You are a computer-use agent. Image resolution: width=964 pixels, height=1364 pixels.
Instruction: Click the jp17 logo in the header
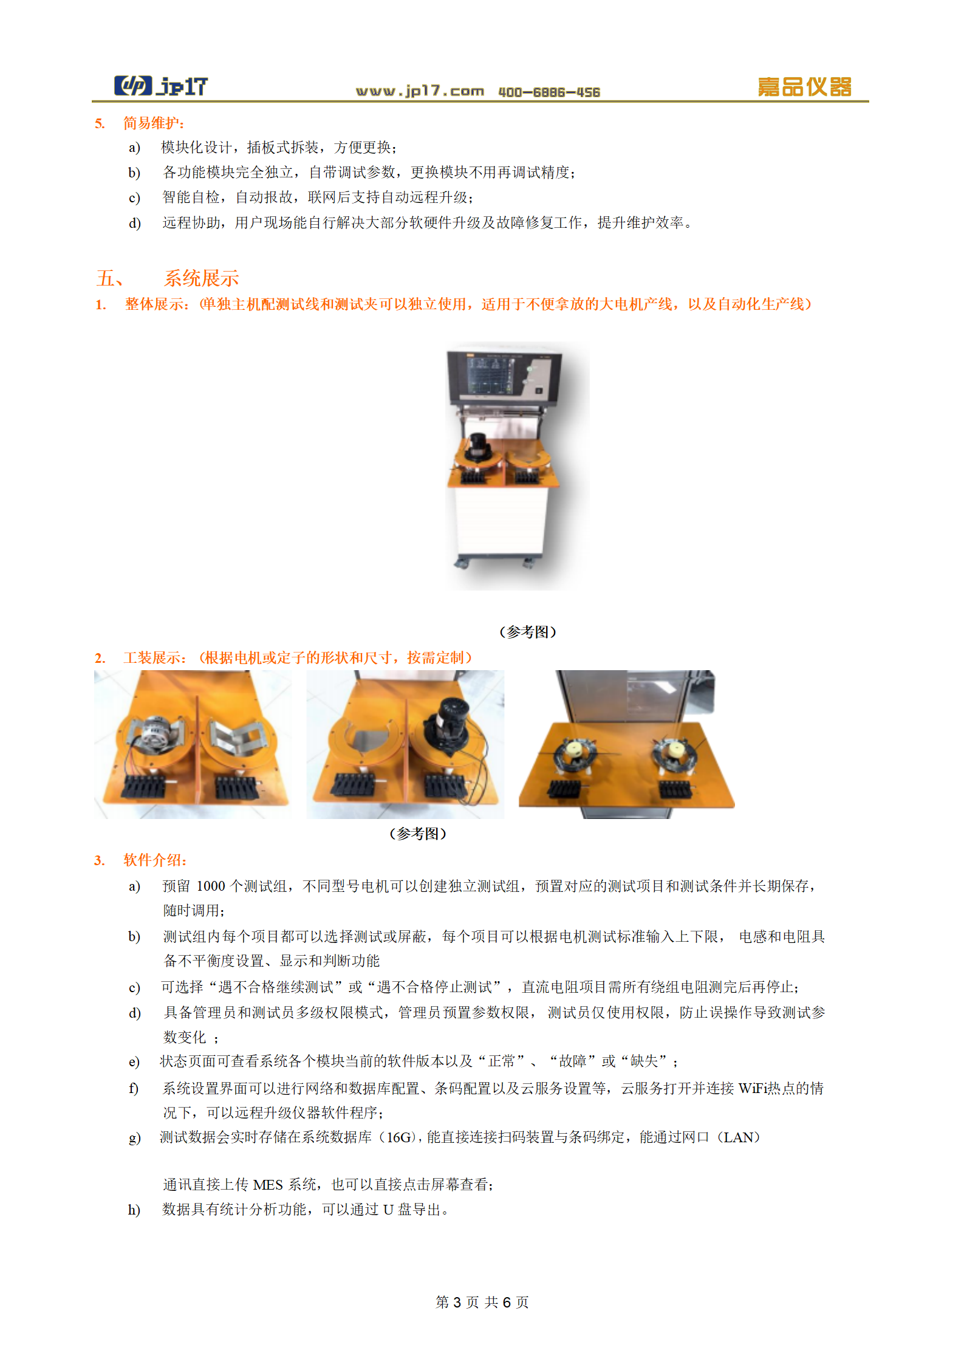[x=161, y=86]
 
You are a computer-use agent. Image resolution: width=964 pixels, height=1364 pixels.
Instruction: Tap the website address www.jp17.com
[x=420, y=91]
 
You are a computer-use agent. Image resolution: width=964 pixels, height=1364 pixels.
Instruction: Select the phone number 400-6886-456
[x=549, y=92]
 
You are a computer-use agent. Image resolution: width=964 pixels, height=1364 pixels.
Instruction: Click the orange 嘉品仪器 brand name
[x=804, y=87]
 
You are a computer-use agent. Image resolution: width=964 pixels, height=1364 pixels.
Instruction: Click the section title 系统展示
[x=202, y=278]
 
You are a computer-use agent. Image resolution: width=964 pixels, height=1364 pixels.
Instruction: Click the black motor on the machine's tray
[x=477, y=448]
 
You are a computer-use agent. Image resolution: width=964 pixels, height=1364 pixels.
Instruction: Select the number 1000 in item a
[x=211, y=886]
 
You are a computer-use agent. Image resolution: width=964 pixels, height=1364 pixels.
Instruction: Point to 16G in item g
[x=399, y=1137]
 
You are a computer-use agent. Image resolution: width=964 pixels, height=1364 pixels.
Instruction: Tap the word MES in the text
[x=268, y=1185]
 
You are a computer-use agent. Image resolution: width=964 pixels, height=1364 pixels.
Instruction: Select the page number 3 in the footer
[x=457, y=1302]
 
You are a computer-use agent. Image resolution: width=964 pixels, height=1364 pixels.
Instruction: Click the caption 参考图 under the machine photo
[x=528, y=632]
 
